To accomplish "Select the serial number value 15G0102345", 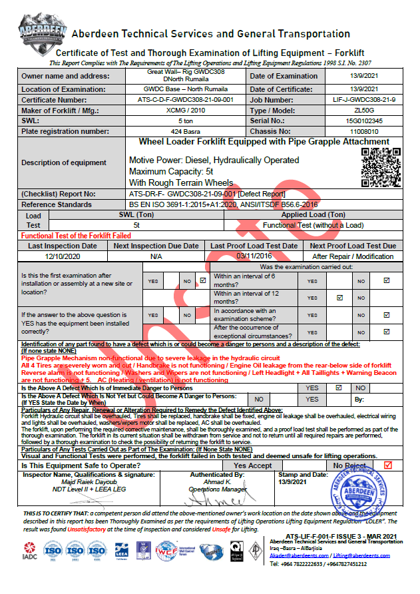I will click(x=363, y=121).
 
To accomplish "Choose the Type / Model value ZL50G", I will click(x=363, y=110).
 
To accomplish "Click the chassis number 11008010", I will click(x=363, y=132).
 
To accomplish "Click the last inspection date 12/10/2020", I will click(x=62, y=256).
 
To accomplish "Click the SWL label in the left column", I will click(x=31, y=121).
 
